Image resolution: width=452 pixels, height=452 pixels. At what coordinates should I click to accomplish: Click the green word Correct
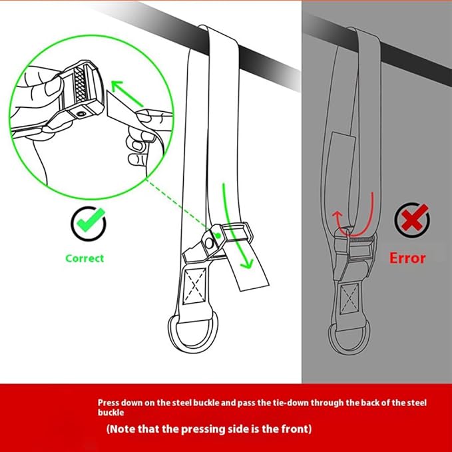point(85,258)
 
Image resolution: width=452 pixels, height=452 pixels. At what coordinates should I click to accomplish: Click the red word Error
point(407,258)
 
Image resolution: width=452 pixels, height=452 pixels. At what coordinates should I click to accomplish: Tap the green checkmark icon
point(89,223)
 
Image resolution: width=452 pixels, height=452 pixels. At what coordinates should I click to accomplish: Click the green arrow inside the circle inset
point(127,93)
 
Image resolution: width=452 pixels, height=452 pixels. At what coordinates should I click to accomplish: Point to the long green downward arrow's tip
point(247,268)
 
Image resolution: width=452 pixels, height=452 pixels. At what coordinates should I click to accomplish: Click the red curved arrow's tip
point(337,212)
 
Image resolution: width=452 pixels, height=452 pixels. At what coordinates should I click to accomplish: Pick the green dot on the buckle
point(218,236)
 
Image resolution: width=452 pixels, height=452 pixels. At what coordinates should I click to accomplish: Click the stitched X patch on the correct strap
point(195,286)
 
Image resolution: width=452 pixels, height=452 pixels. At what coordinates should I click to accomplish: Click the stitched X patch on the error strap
point(349,298)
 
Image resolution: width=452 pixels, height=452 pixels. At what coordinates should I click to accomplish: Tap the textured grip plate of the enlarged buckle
point(81,85)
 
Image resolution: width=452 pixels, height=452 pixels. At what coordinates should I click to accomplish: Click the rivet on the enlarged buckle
point(81,114)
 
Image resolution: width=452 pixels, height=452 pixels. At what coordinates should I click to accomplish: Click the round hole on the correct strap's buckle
point(209,243)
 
